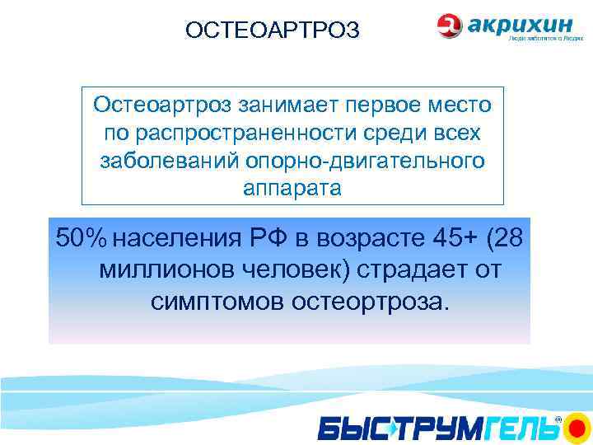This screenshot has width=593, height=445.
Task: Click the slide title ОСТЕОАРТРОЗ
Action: tap(273, 30)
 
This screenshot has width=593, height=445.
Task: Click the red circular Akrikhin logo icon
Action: tap(450, 26)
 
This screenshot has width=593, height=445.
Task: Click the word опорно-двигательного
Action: tap(362, 161)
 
